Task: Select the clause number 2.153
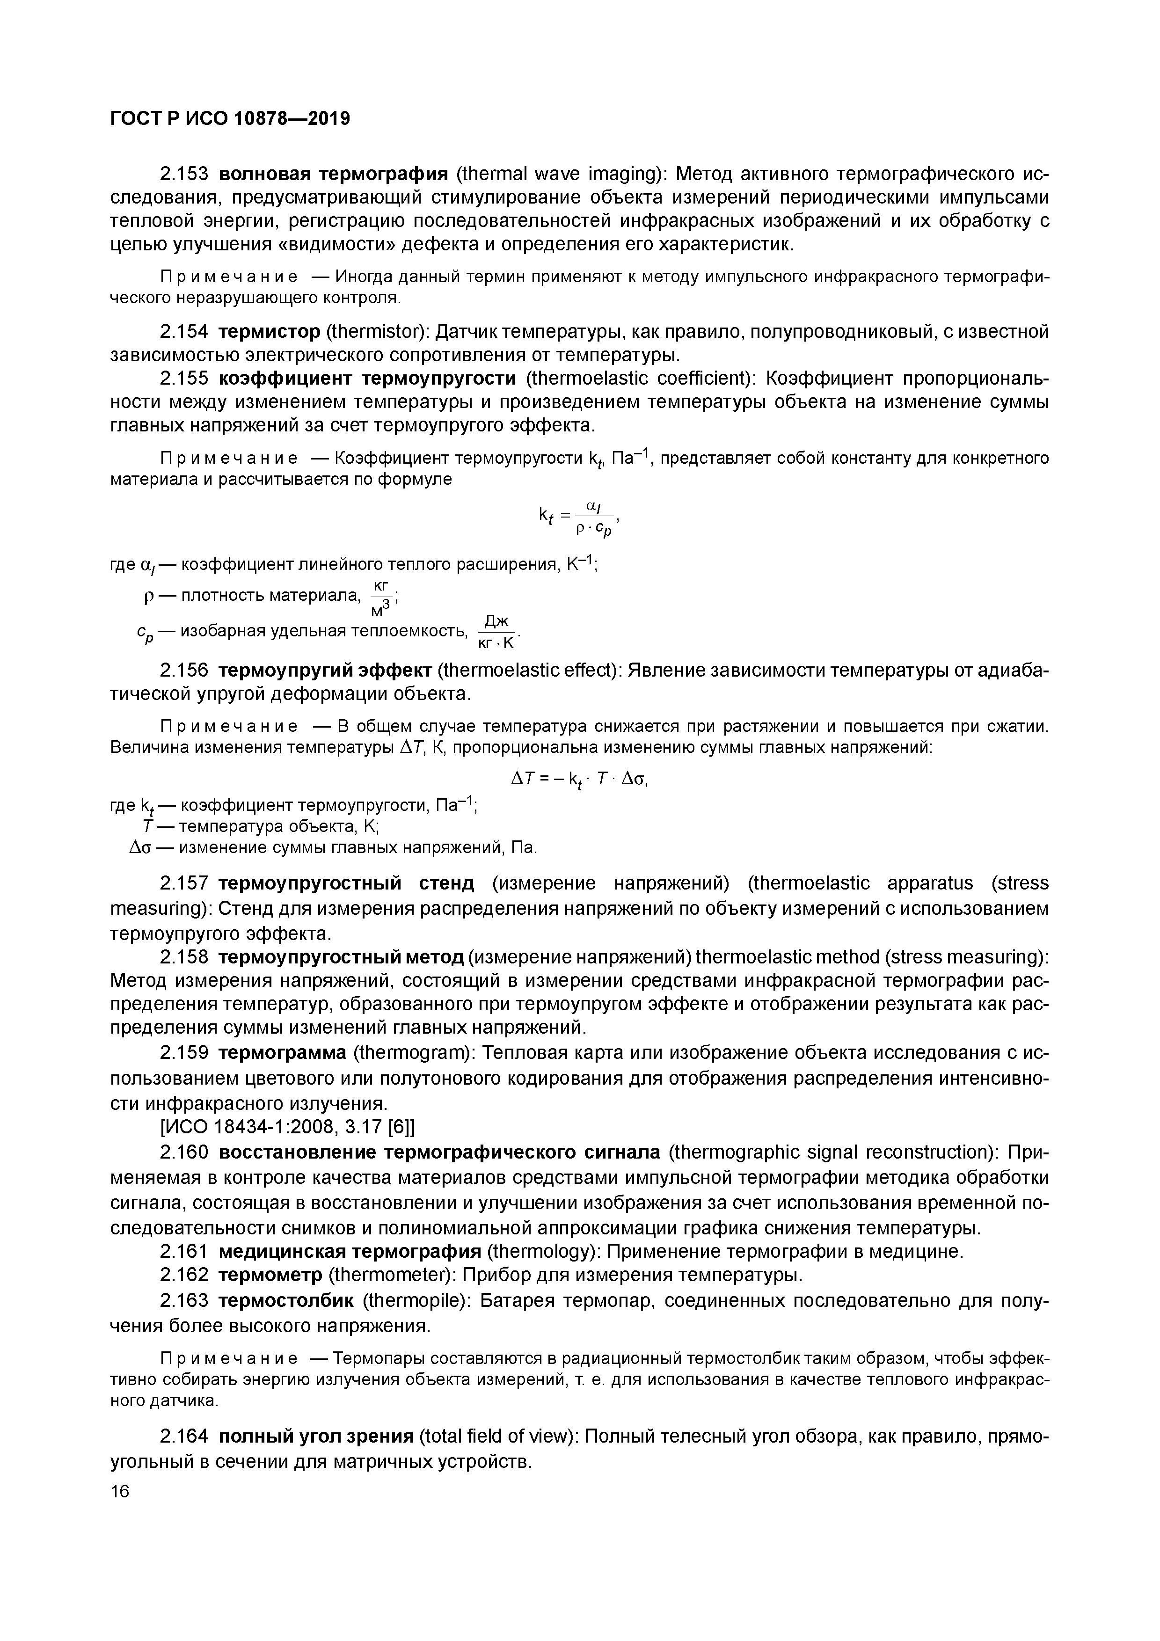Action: (184, 174)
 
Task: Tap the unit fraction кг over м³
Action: (381, 598)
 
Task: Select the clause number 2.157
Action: (184, 884)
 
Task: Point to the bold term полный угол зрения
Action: (315, 1437)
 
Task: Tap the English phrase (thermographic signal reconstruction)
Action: (833, 1152)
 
